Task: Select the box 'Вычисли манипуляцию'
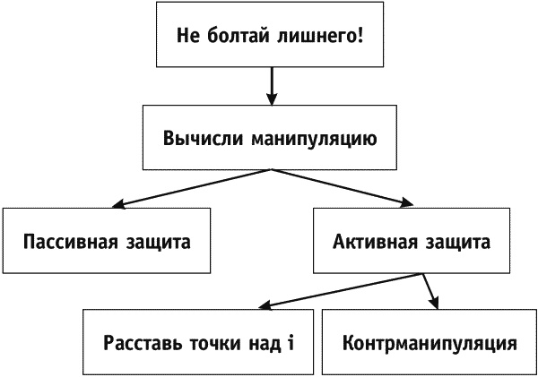tap(269, 140)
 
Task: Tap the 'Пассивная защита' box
tap(107, 241)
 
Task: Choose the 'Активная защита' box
tap(412, 241)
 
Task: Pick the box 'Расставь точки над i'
tap(198, 342)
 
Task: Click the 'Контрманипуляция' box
tap(430, 342)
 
